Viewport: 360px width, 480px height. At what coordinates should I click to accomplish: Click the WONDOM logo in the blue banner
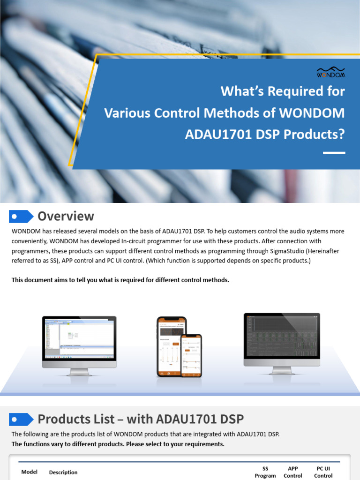click(330, 73)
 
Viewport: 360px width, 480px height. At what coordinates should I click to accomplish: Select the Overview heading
click(66, 216)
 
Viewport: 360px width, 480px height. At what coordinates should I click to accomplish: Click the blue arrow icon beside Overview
click(21, 216)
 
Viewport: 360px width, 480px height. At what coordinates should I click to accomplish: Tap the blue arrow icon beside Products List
click(21, 419)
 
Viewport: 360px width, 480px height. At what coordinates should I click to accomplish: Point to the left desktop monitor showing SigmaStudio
click(79, 342)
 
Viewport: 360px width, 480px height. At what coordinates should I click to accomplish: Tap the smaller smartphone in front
click(191, 355)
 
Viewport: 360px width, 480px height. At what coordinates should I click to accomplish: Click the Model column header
click(30, 472)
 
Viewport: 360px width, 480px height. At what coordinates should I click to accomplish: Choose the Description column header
click(63, 472)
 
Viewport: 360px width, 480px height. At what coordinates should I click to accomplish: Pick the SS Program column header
click(265, 472)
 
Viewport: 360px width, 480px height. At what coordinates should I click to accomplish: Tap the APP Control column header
click(293, 472)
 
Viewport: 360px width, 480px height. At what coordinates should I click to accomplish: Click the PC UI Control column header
click(323, 472)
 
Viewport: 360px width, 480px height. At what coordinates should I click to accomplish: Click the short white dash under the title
click(334, 153)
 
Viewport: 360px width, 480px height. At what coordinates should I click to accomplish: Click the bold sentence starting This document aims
click(120, 280)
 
